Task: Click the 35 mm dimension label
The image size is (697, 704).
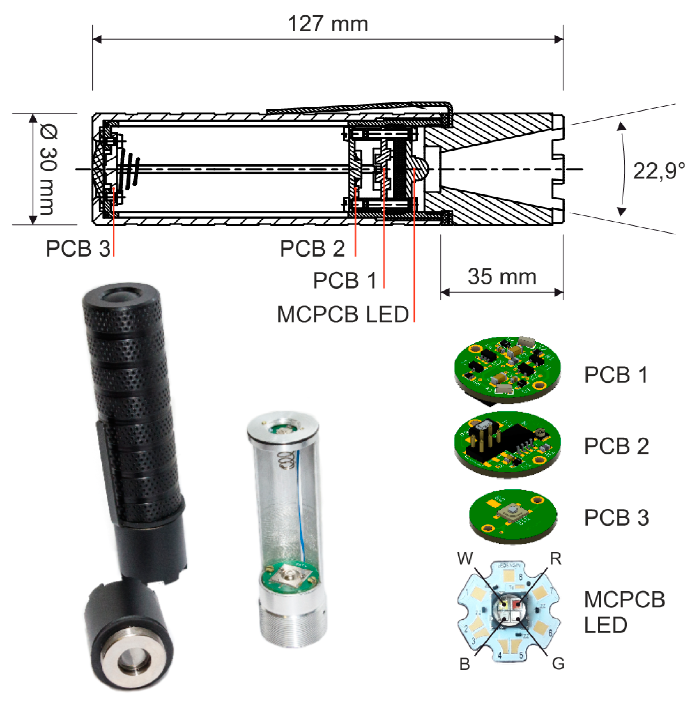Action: point(502,277)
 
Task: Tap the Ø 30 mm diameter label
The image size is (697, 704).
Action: point(48,169)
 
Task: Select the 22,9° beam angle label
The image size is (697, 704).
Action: point(658,170)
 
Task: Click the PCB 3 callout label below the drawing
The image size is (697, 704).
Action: point(78,248)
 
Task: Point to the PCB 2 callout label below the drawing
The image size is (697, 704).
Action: point(312,248)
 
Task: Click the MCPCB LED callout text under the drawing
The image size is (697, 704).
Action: point(343,314)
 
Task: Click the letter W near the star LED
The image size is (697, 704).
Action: point(465,558)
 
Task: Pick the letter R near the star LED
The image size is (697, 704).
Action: point(555,558)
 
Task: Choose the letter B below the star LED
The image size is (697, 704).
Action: point(465,664)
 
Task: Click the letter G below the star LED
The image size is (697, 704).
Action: point(558,663)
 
